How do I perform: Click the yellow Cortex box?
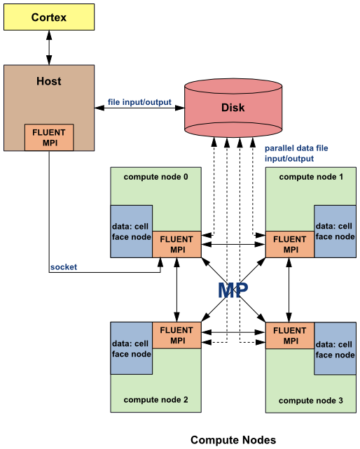49,17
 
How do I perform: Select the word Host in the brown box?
49,81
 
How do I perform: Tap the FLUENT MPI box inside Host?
49,137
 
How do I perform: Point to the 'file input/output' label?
139,103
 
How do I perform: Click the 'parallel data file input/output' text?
296,153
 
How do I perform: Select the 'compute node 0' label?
156,176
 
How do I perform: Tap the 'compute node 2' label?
156,399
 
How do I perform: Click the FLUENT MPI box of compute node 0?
176,244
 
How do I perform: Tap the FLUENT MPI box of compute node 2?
176,335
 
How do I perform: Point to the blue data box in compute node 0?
131,231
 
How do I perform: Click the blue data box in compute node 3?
335,350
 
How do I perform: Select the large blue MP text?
233,290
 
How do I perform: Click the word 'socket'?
64,267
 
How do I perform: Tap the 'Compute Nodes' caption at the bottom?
233,440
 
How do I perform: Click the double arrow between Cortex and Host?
49,48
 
